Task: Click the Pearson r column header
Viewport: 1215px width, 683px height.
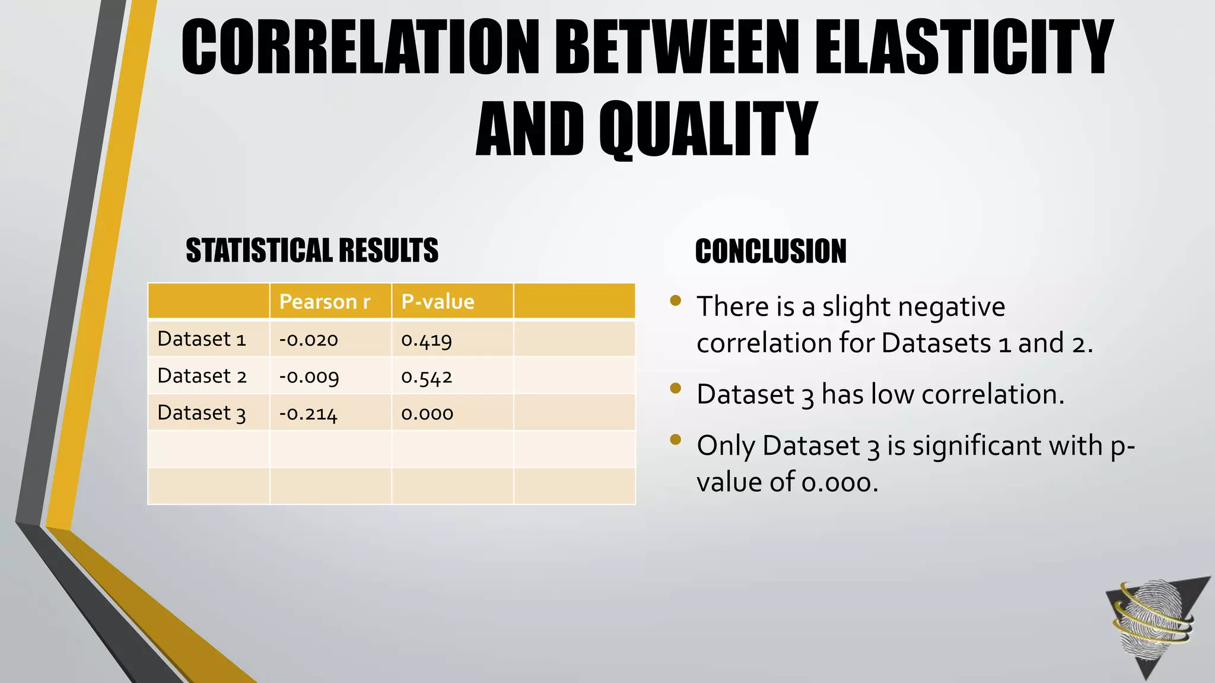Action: point(325,302)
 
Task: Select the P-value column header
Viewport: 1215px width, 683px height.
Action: point(438,302)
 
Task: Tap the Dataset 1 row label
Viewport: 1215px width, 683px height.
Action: point(201,339)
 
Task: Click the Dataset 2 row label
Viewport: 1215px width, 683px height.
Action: point(202,376)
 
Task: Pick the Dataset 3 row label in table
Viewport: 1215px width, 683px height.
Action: point(201,413)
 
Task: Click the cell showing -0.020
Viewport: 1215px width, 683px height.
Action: point(308,340)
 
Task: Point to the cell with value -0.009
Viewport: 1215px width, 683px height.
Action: point(309,376)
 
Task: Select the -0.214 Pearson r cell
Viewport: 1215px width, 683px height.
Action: point(308,413)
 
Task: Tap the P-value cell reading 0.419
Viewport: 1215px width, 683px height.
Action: point(427,340)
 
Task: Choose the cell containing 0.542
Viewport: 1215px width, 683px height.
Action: point(427,376)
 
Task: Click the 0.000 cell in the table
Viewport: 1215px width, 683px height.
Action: point(427,413)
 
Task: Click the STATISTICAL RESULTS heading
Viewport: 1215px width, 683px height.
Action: point(312,250)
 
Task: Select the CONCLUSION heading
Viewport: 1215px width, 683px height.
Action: point(771,251)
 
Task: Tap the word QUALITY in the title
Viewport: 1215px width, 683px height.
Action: point(708,129)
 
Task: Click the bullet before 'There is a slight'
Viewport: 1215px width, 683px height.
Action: point(675,300)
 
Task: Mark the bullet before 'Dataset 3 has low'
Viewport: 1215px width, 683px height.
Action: point(675,388)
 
